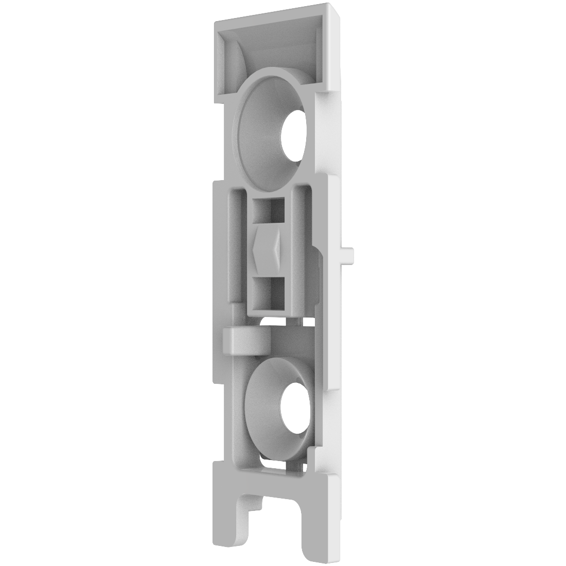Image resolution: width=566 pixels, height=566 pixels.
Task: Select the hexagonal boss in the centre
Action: click(266, 248)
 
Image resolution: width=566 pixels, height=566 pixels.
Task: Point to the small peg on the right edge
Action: click(349, 253)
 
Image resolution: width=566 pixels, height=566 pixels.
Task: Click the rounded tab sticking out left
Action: click(242, 341)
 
